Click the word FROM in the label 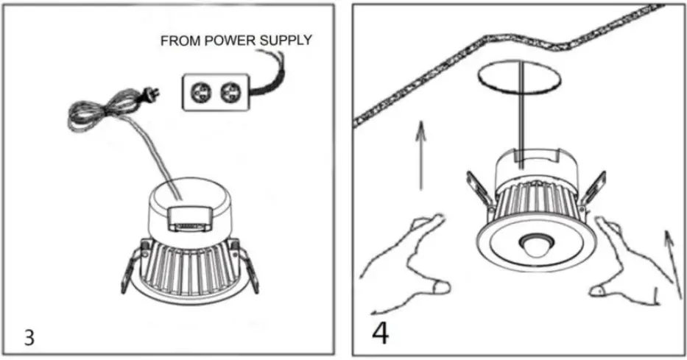coord(179,42)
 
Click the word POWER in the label coord(228,42)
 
